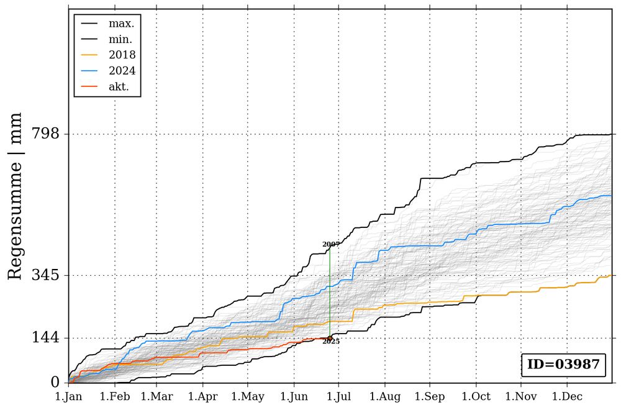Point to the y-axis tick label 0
click(x=54, y=382)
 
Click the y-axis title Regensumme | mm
click(x=16, y=196)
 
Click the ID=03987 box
click(x=563, y=365)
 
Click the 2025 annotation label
click(x=331, y=342)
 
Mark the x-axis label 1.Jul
click(x=338, y=396)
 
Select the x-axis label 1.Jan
click(x=68, y=396)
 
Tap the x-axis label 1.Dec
click(x=566, y=396)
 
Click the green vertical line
click(x=330, y=292)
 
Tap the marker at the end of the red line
click(x=330, y=338)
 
